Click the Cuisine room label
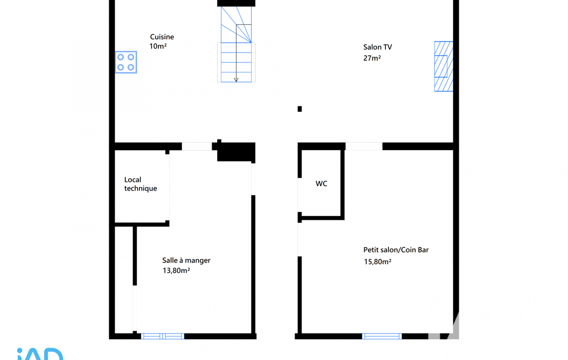click(162, 37)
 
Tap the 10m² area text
click(158, 47)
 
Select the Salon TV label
click(377, 47)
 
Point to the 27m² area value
click(372, 58)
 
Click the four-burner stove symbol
click(126, 62)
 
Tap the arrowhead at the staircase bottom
click(236, 80)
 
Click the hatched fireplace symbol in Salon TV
click(444, 66)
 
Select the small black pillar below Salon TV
click(300, 109)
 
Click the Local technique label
click(141, 184)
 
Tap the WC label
click(321, 184)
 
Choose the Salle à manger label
click(186, 260)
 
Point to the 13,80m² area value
click(176, 270)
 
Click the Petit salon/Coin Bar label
click(396, 250)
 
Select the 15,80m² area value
click(377, 261)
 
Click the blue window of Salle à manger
click(163, 336)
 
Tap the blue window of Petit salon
click(382, 336)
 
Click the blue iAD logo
click(40, 354)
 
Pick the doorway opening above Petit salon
click(364, 146)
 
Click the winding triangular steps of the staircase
click(236, 24)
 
